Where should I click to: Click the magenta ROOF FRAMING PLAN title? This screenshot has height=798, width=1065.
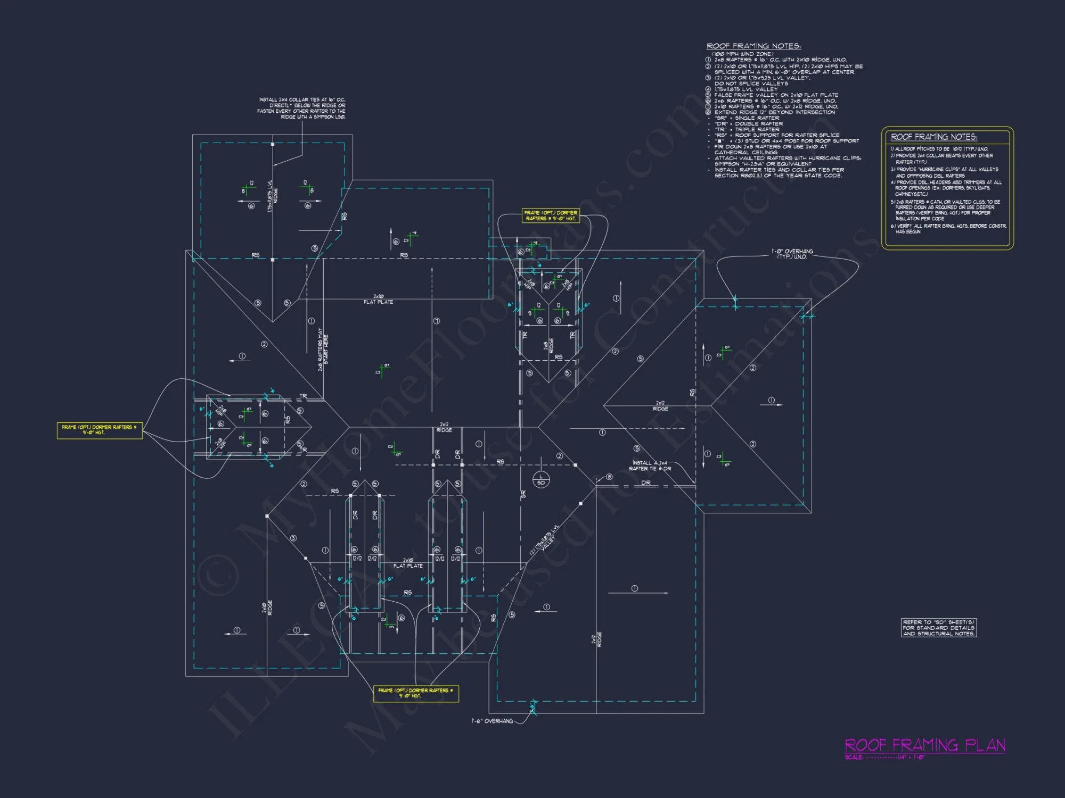coord(925,745)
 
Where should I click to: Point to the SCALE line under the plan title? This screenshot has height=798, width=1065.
coord(884,758)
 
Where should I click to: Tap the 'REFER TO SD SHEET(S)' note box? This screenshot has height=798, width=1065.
coord(939,628)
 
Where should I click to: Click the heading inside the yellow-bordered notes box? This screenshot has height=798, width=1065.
coord(934,137)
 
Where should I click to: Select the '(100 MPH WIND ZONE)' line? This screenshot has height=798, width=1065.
coord(742,54)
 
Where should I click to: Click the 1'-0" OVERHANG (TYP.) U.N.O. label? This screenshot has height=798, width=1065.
coord(792,254)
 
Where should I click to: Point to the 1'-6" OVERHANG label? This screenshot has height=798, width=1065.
coord(492,721)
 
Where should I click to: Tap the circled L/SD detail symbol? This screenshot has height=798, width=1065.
coord(541,479)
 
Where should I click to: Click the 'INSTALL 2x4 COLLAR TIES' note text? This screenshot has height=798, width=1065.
coord(302,108)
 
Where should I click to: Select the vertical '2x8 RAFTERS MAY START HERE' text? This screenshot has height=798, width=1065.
coord(323,349)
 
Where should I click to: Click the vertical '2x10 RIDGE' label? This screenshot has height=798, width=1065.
coord(267,608)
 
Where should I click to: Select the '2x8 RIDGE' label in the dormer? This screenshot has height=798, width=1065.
coord(548,345)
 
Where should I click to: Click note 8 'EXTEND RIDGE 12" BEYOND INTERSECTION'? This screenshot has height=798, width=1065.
coord(774,112)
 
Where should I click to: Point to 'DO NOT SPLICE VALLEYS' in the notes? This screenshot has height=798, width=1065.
coord(751,84)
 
